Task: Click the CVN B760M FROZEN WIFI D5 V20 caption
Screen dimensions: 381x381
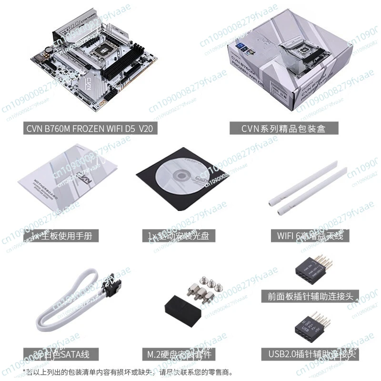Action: tap(90, 128)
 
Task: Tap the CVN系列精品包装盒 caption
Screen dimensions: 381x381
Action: tap(283, 128)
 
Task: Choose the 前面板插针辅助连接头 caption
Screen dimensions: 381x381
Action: tap(310, 296)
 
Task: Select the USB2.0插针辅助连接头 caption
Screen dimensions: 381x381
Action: tap(310, 354)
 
